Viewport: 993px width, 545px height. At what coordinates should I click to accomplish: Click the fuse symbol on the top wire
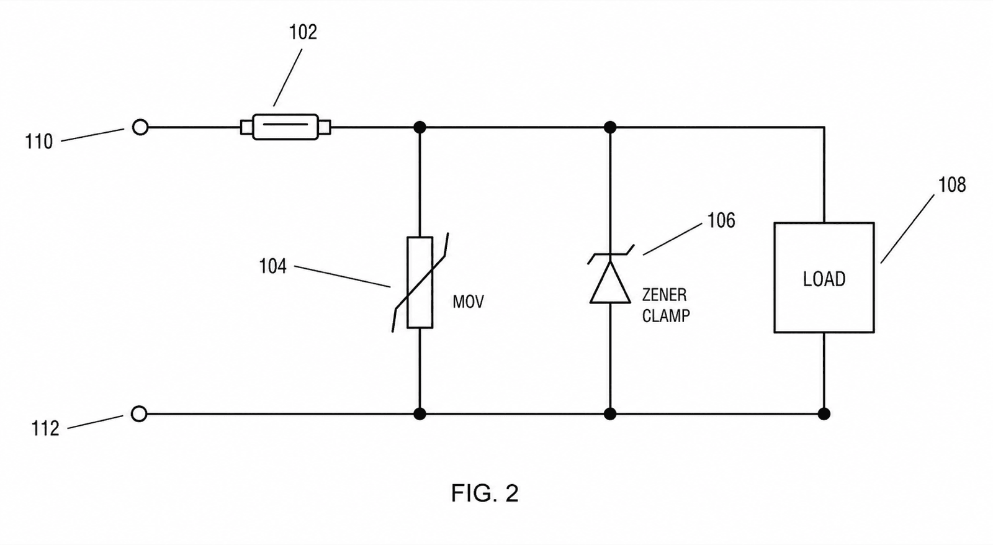(x=285, y=127)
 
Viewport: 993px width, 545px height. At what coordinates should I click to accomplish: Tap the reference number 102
(x=303, y=32)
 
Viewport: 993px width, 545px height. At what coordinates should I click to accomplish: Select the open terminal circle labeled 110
(x=140, y=127)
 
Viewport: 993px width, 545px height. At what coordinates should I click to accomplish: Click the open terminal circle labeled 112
(x=139, y=414)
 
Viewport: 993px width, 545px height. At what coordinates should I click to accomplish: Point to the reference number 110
(x=39, y=142)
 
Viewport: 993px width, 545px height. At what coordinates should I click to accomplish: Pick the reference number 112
(x=45, y=428)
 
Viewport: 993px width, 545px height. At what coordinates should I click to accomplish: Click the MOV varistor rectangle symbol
(x=420, y=282)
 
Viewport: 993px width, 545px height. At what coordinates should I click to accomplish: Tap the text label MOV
(x=468, y=302)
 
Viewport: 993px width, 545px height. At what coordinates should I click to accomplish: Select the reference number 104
(x=272, y=266)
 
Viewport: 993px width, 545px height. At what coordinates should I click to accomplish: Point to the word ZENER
(x=664, y=295)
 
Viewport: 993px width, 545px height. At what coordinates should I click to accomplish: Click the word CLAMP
(x=666, y=316)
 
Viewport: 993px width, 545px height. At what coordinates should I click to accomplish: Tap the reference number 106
(x=721, y=220)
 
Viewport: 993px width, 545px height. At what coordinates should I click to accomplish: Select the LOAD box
(x=824, y=277)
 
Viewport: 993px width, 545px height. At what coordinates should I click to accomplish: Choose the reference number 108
(x=952, y=185)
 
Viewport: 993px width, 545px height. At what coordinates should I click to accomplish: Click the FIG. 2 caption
(x=485, y=493)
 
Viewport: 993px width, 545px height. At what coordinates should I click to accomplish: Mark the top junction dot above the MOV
(x=420, y=127)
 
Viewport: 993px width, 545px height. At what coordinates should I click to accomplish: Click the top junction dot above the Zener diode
(x=611, y=127)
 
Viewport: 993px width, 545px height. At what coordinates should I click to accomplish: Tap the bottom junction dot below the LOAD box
(x=824, y=414)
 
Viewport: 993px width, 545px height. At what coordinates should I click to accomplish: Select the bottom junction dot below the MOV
(x=420, y=414)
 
